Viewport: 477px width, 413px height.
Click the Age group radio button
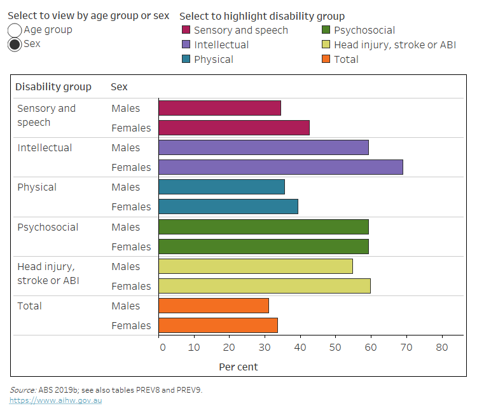tap(15, 30)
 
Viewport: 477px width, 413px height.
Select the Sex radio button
tap(15, 44)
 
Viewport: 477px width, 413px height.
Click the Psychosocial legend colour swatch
tap(326, 30)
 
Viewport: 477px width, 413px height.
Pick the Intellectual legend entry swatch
tap(186, 44)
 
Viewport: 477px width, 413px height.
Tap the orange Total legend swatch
tap(326, 59)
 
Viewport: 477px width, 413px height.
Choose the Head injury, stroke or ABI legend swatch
tap(326, 44)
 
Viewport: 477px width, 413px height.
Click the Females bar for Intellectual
tap(280, 167)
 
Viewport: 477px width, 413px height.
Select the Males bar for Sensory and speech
tap(219, 108)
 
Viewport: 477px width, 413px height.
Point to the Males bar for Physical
tap(221, 187)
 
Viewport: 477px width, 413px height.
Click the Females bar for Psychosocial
tap(263, 247)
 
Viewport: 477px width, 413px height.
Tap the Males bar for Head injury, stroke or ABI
tap(255, 266)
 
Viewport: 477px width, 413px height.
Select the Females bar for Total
tap(218, 325)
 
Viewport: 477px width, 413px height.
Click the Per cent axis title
tap(238, 367)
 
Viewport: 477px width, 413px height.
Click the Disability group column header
tap(53, 86)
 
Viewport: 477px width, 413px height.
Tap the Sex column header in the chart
tap(119, 86)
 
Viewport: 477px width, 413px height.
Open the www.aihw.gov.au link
tap(55, 400)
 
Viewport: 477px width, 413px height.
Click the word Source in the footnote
tap(22, 389)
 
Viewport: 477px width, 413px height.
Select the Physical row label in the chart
tap(37, 187)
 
